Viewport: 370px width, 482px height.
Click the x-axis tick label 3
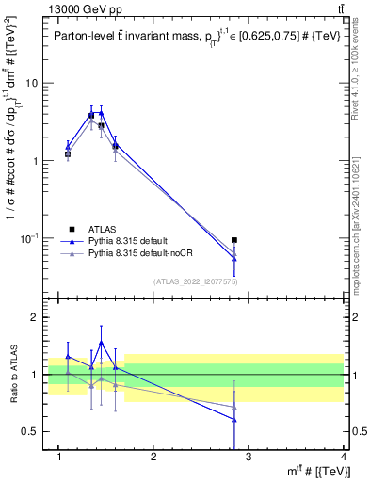(x=248, y=458)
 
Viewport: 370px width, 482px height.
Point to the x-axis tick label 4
(x=344, y=458)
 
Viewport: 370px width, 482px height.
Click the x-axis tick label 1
(x=59, y=458)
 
